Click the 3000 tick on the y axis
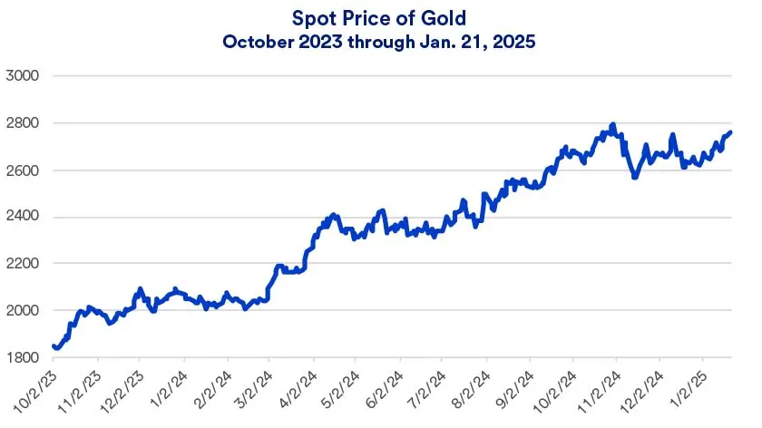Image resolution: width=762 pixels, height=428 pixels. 23,76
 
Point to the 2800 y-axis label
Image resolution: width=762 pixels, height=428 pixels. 23,123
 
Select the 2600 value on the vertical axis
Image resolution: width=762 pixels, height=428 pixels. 23,170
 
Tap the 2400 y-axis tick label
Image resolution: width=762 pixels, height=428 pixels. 23,217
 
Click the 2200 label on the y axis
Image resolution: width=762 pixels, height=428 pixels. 23,264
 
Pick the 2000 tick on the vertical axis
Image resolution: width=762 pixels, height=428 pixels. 23,311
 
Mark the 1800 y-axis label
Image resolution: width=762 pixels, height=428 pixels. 23,358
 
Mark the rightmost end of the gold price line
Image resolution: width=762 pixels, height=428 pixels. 731,132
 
